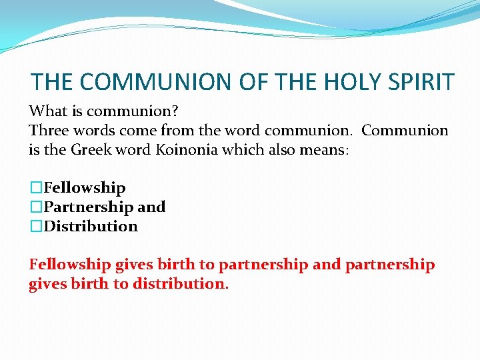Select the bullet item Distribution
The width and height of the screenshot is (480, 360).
tap(91, 227)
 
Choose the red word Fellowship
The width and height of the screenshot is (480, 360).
tap(69, 265)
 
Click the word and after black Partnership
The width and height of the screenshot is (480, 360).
tap(151, 207)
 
